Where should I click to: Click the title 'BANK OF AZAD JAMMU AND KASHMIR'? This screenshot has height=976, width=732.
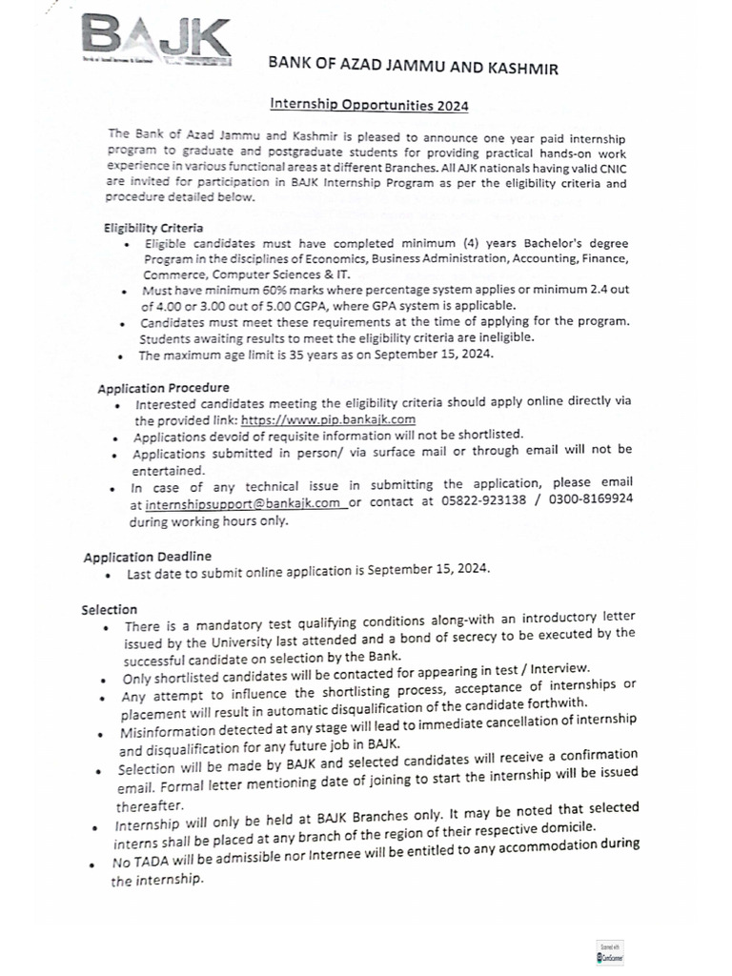point(414,68)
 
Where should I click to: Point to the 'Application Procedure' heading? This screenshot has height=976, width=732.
point(163,388)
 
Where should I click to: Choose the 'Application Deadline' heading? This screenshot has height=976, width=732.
point(147,556)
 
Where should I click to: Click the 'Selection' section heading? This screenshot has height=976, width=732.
point(109,609)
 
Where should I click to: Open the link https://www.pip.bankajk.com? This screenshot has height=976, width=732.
point(328,419)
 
